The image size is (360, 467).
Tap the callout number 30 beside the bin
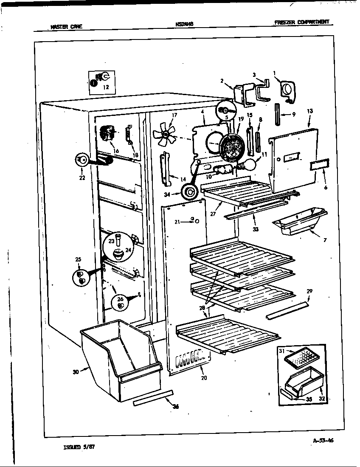75,372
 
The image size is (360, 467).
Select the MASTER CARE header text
66,26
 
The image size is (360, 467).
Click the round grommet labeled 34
188,193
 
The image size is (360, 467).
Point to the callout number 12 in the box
106,87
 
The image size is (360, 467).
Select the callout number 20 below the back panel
204,378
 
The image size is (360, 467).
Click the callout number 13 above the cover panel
309,111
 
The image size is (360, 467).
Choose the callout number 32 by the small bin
322,399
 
